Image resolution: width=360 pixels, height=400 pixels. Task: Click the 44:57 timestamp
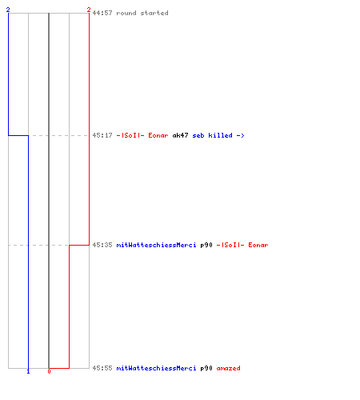click(102, 13)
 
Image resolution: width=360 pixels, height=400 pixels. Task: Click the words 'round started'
click(142, 13)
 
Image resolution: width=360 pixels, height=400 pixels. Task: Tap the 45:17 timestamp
click(102, 135)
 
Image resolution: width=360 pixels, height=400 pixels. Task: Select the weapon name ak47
click(180, 135)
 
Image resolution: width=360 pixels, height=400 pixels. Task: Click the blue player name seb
click(198, 135)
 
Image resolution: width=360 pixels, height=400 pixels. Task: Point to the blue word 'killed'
click(220, 135)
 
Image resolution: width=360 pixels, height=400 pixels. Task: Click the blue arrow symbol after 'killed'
click(240, 135)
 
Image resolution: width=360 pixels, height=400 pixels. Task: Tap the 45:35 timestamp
click(102, 245)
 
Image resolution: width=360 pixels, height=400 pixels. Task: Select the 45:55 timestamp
click(102, 368)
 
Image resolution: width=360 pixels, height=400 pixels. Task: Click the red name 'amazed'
click(228, 368)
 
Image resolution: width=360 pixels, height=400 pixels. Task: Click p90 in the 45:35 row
click(206, 245)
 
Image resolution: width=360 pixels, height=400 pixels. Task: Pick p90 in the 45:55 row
click(206, 368)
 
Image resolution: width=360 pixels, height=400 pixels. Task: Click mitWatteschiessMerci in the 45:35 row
click(156, 245)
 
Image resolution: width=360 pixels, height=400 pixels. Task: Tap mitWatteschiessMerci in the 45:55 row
click(156, 368)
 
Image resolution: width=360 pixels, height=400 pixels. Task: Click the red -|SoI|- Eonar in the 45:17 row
click(142, 135)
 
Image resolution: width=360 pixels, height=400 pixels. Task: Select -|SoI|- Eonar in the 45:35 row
click(242, 245)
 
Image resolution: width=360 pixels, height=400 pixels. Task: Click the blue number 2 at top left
click(8, 10)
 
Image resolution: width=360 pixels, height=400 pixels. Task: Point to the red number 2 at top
click(89, 10)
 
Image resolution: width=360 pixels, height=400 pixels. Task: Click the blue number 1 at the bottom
click(28, 371)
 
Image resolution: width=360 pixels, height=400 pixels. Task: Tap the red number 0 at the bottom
click(49, 371)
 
